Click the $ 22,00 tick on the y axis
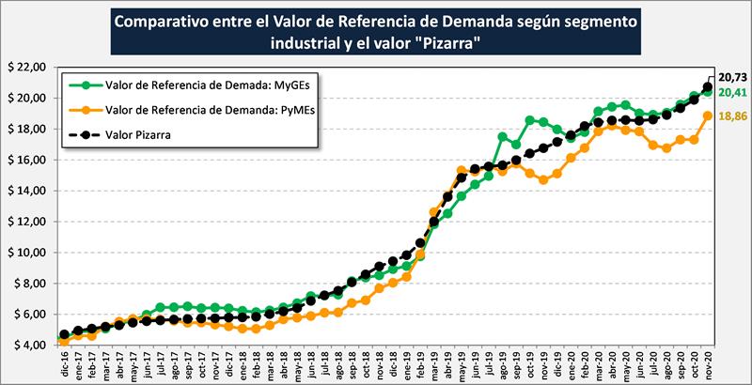coord(24,68)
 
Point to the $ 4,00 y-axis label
coord(24,345)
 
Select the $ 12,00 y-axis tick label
coord(24,222)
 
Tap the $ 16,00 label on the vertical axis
coord(24,160)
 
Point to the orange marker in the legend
coord(88,111)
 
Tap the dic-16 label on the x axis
coord(63,364)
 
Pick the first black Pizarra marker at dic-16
coord(64,334)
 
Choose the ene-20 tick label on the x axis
coord(570,364)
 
